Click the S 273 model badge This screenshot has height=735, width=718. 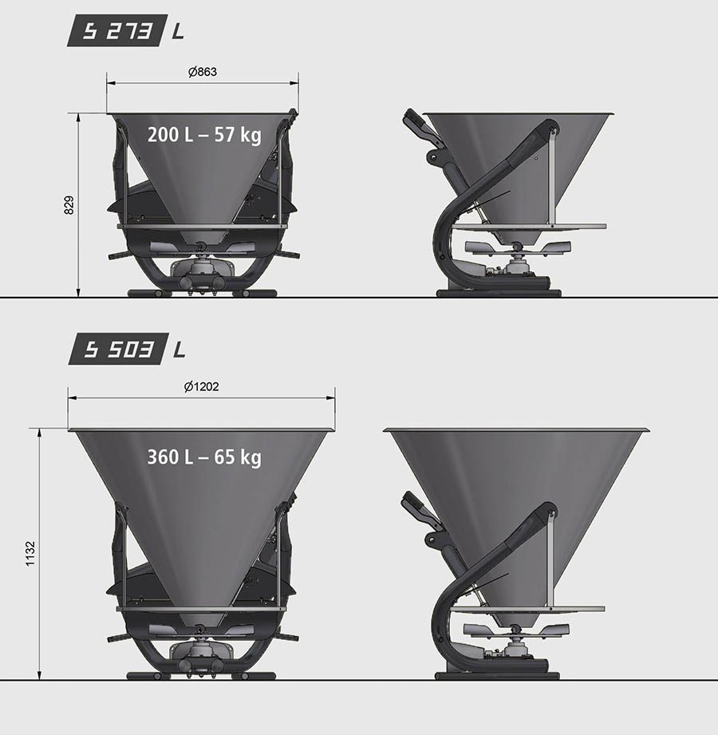click(x=117, y=30)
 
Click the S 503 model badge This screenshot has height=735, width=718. click(x=118, y=349)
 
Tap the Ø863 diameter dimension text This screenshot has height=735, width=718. click(x=203, y=72)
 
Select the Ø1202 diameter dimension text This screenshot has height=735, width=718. click(x=201, y=387)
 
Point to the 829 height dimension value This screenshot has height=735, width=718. click(x=69, y=205)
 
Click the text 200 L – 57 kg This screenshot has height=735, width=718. click(x=204, y=135)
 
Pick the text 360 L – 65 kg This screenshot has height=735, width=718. click(x=204, y=457)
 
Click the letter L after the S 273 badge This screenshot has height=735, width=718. click(x=179, y=31)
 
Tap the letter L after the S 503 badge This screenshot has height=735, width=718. click(x=179, y=350)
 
